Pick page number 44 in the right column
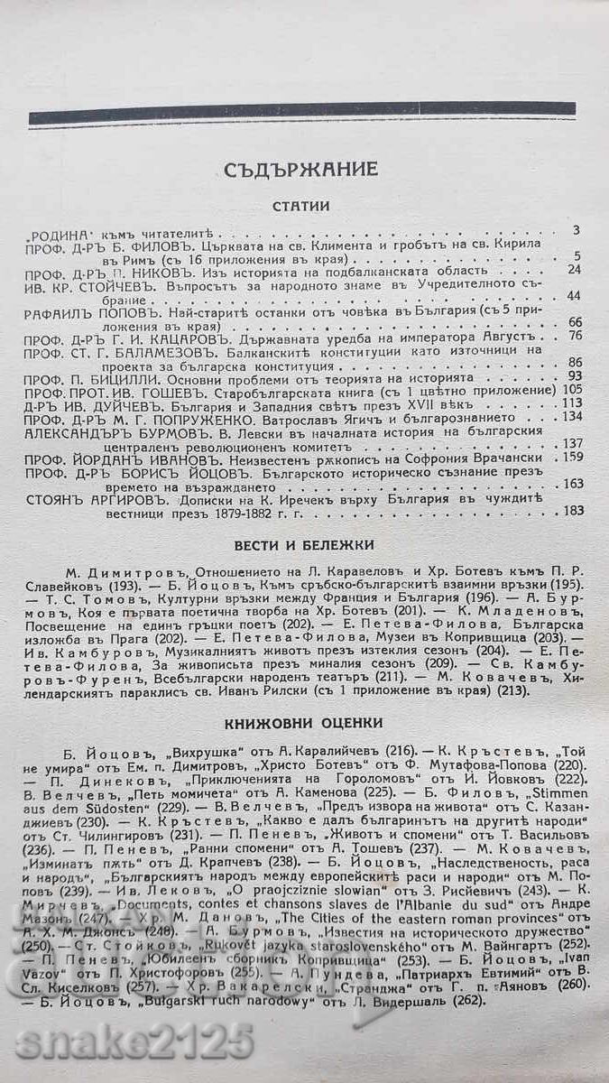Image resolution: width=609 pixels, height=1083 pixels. [573, 295]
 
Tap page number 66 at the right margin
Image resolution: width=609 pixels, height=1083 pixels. [573, 322]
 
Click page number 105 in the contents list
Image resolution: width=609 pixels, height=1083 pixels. [569, 389]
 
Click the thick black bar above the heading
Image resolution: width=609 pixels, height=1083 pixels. [301, 112]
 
